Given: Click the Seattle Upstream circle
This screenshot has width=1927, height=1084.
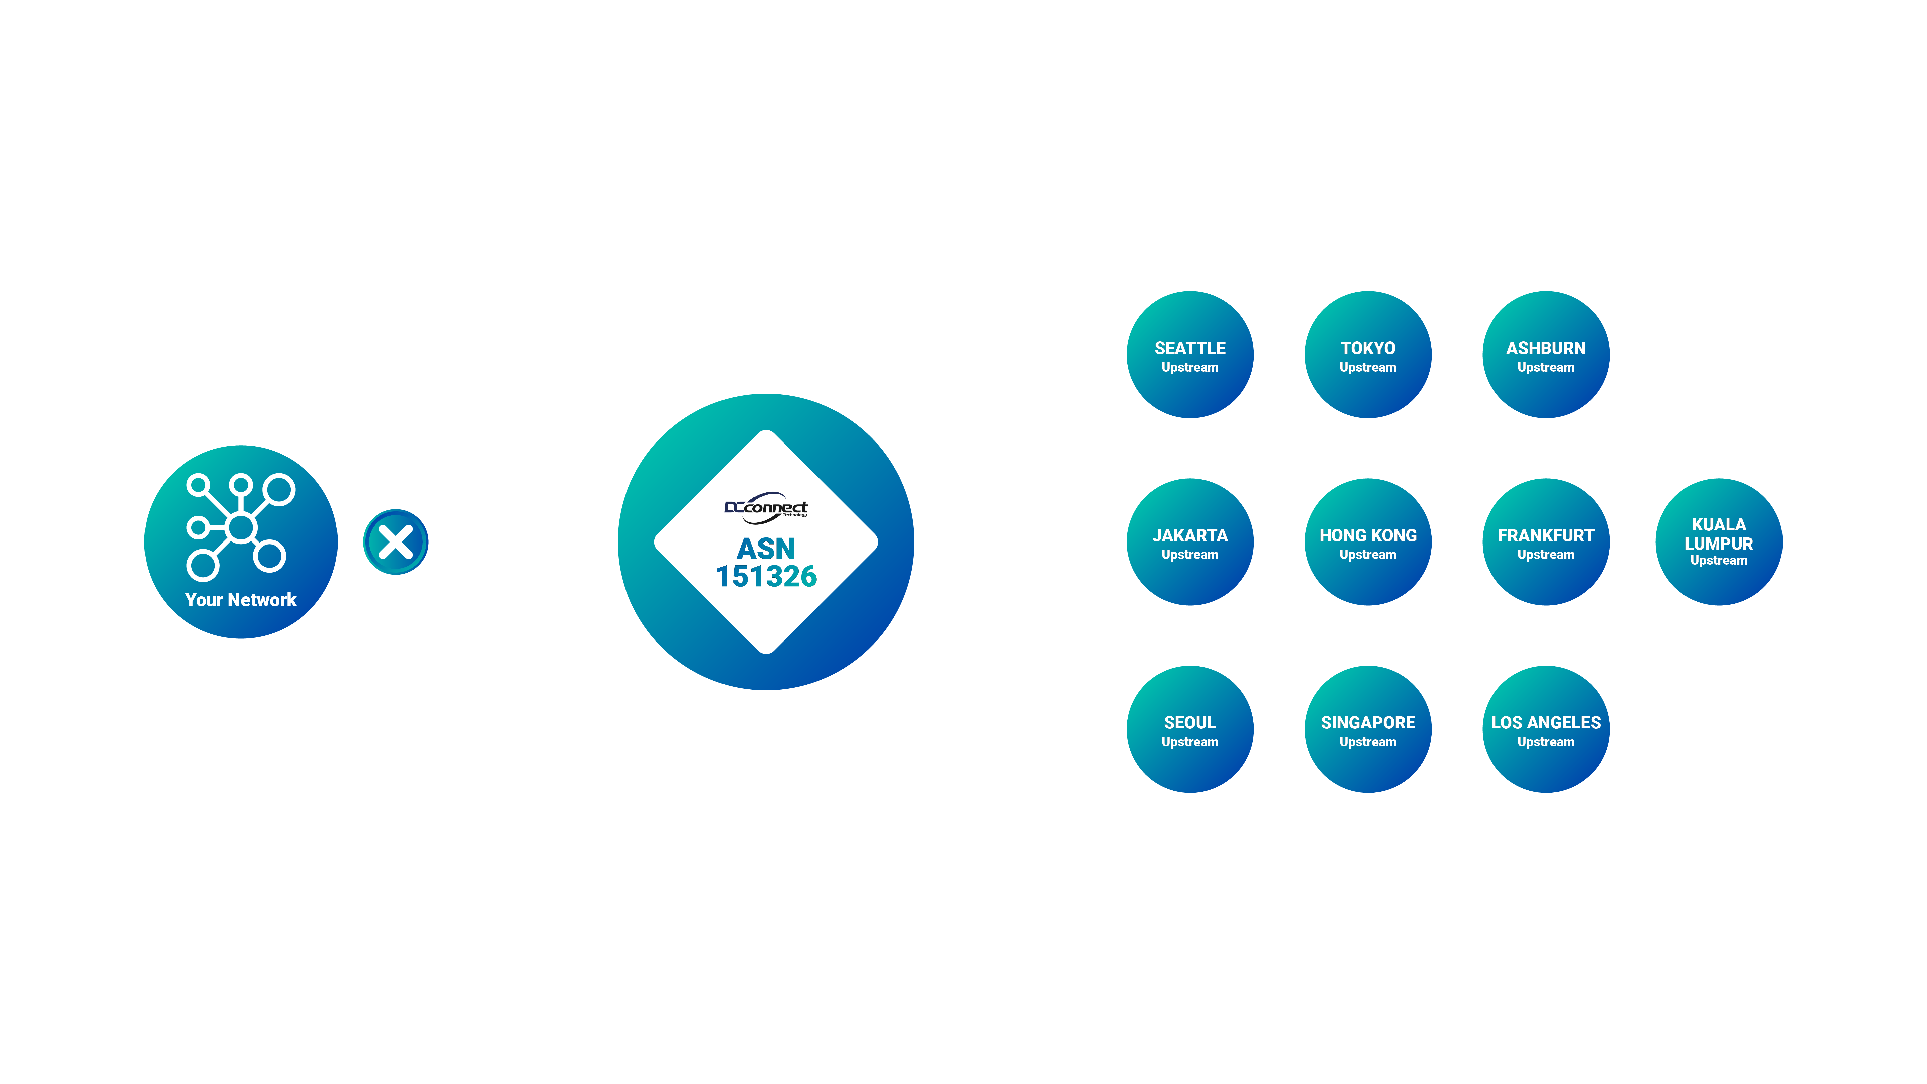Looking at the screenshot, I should click(1189, 355).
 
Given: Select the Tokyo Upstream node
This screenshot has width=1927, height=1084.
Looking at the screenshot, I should click(1367, 355).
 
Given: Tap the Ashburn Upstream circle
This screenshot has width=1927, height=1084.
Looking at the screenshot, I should click(1545, 355).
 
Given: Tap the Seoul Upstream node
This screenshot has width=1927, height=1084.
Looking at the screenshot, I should click(1189, 729).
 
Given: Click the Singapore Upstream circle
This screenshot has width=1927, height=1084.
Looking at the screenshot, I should click(1367, 729).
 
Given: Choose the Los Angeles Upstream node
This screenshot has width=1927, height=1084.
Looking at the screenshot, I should click(1545, 729).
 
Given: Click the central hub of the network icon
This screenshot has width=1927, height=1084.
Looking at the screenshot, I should click(241, 527).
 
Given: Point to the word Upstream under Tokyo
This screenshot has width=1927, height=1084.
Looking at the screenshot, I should click(1367, 367).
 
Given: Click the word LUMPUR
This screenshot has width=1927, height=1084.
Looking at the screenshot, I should click(1718, 544).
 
